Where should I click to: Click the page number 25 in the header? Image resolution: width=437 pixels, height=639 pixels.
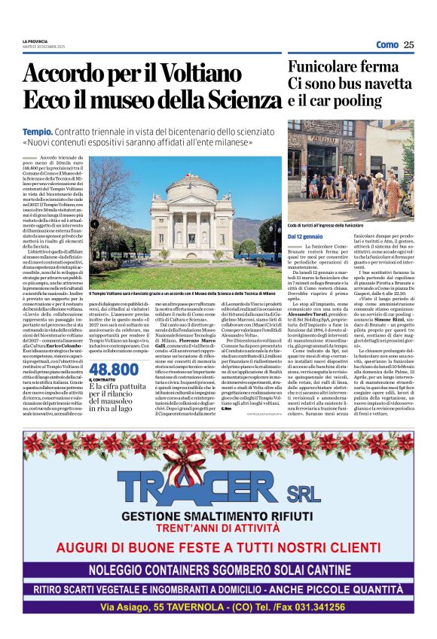click(x=408, y=44)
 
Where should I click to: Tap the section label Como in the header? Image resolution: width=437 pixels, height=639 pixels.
click(x=387, y=44)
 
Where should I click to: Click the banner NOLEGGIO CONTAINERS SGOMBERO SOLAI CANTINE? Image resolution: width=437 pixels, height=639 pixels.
click(x=218, y=568)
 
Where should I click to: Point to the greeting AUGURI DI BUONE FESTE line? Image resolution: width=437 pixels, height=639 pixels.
click(x=218, y=548)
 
